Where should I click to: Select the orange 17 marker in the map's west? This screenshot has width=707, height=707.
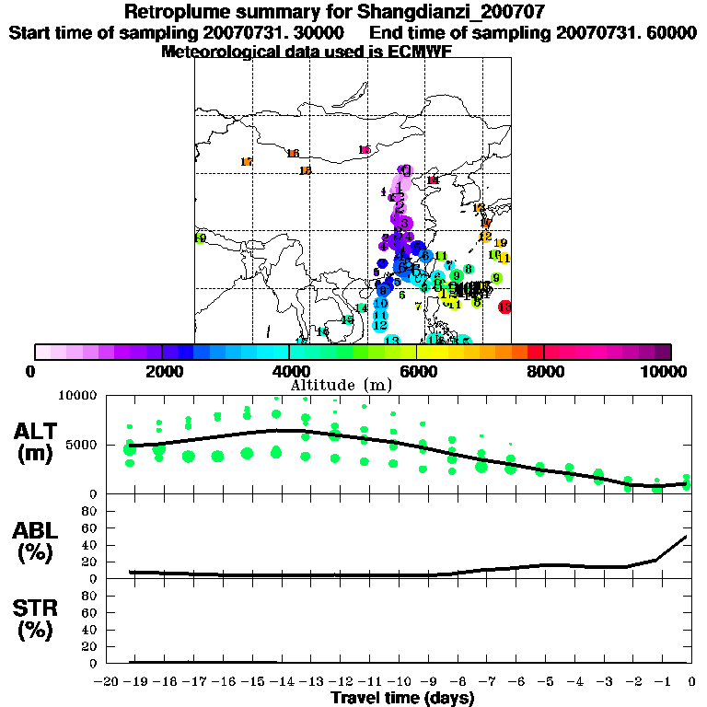click(246, 162)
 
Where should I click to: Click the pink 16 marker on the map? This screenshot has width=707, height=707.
click(365, 150)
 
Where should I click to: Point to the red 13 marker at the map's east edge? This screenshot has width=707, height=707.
click(504, 307)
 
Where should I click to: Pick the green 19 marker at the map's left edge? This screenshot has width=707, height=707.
click(200, 238)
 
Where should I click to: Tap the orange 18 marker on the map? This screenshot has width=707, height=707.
click(305, 170)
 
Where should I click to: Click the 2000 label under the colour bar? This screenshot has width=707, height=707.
click(161, 371)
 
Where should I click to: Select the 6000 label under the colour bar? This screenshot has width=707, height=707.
click(417, 371)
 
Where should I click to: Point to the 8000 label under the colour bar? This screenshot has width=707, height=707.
click(544, 371)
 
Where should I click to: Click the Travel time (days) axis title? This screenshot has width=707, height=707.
click(402, 698)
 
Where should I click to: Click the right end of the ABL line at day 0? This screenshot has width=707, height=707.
click(687, 536)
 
